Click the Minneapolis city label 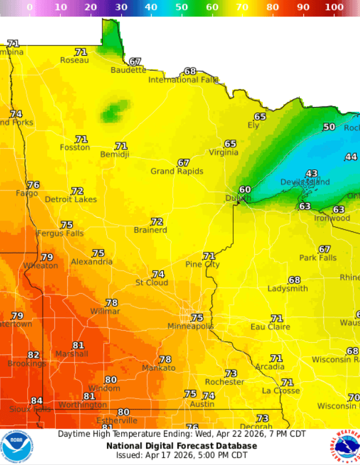(x=191, y=326)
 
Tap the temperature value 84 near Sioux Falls (x=36, y=401)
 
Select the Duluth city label (x=238, y=198)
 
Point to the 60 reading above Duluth (x=245, y=190)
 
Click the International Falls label (x=183, y=80)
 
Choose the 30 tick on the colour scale (x=121, y=7)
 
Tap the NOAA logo (x=16, y=447)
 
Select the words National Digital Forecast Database (x=181, y=446)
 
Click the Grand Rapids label (x=177, y=171)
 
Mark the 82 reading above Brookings (x=34, y=355)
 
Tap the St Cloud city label (x=151, y=283)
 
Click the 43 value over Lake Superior (x=312, y=174)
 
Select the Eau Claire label (x=270, y=327)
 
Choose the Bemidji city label (x=115, y=154)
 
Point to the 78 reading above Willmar (x=111, y=303)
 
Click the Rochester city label (x=225, y=382)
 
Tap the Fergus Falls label (x=60, y=233)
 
